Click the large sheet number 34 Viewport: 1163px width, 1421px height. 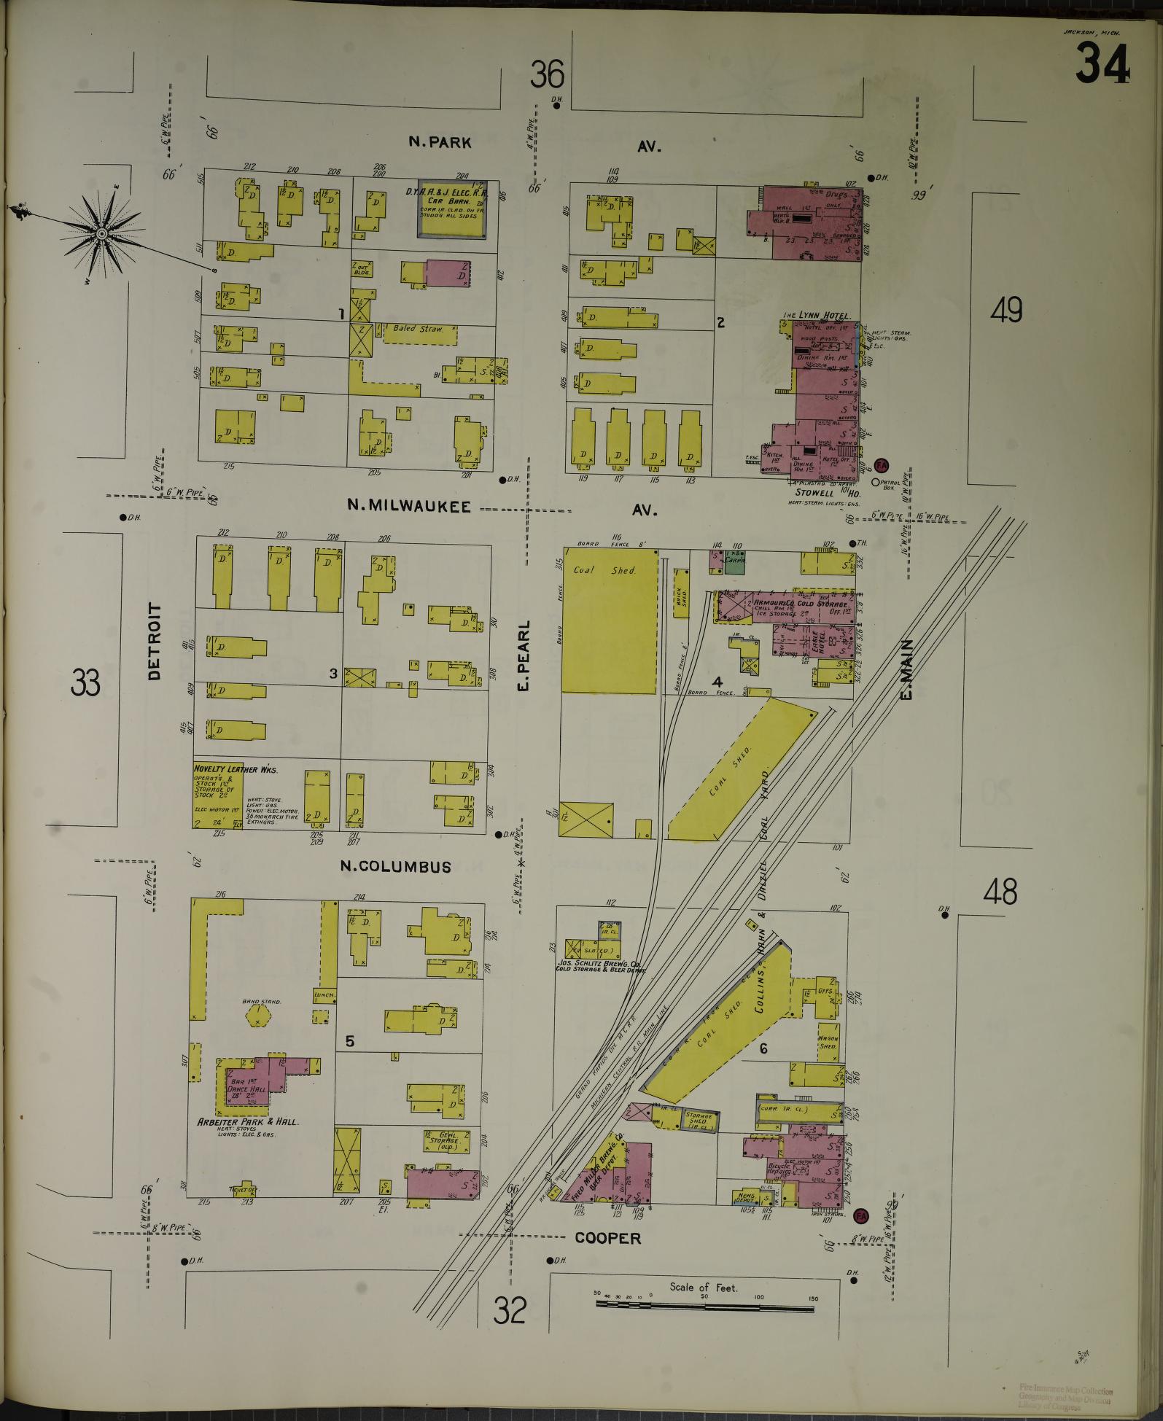(x=1102, y=63)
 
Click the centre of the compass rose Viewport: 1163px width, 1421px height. (x=101, y=233)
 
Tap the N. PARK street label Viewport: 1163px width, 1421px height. (x=440, y=143)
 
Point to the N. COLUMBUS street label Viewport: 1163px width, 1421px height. (x=397, y=866)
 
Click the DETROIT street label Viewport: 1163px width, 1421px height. (x=155, y=642)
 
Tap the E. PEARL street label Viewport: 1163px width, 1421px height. (x=527, y=656)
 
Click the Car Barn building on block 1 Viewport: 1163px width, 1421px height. (x=452, y=209)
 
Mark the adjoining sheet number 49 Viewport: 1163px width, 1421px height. (x=1006, y=311)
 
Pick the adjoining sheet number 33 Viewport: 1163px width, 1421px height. (x=85, y=683)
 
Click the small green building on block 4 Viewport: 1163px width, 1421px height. (x=734, y=562)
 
